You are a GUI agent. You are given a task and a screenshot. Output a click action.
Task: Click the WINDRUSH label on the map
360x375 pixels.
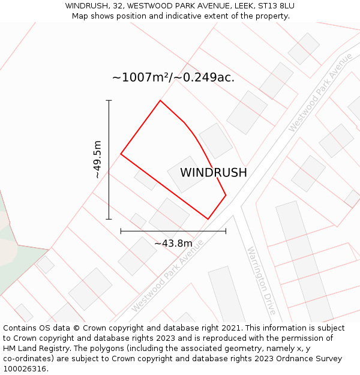click(213, 173)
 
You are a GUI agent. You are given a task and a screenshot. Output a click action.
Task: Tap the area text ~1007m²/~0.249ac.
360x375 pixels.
click(173, 77)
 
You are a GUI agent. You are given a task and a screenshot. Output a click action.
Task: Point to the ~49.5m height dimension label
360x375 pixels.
click(97, 160)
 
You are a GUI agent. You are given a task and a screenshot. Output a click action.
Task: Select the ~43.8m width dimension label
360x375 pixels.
click(173, 243)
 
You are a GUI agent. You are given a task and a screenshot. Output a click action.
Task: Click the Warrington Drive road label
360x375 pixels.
click(262, 281)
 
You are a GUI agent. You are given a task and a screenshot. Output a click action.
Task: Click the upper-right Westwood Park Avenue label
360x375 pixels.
click(320, 92)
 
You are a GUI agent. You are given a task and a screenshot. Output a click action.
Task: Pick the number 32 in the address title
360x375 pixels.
click(114, 6)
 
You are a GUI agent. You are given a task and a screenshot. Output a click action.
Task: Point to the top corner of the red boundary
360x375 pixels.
click(160, 100)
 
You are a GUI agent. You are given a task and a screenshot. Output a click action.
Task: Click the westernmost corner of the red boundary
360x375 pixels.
click(121, 154)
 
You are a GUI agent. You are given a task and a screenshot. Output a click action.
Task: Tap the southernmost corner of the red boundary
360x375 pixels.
click(208, 219)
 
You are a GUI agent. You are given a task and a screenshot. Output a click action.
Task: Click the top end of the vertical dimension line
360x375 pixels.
click(109, 100)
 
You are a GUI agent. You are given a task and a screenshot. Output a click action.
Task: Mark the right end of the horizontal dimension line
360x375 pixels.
click(226, 230)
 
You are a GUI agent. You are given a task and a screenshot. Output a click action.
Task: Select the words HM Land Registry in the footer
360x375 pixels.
click(29, 348)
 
